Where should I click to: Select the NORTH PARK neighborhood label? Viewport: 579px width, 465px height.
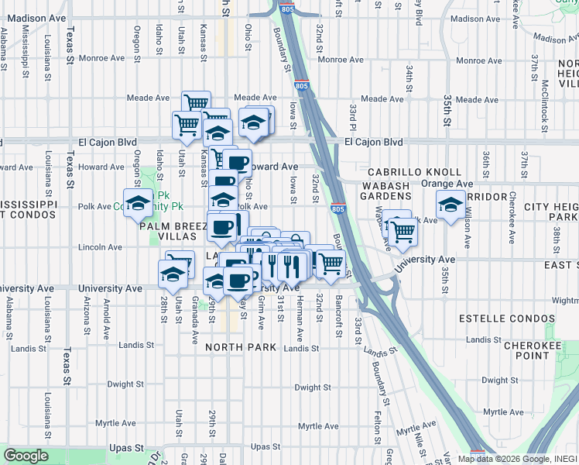pyautogui.click(x=241, y=347)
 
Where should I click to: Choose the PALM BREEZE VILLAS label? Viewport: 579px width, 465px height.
pyautogui.click(x=173, y=232)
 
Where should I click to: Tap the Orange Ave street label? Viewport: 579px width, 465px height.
pyautogui.click(x=447, y=184)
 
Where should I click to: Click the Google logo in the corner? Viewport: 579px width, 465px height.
pyautogui.click(x=26, y=456)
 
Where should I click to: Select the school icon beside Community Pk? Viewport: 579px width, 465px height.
pyautogui.click(x=139, y=204)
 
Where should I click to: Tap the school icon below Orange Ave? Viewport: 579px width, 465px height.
pyautogui.click(x=451, y=205)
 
